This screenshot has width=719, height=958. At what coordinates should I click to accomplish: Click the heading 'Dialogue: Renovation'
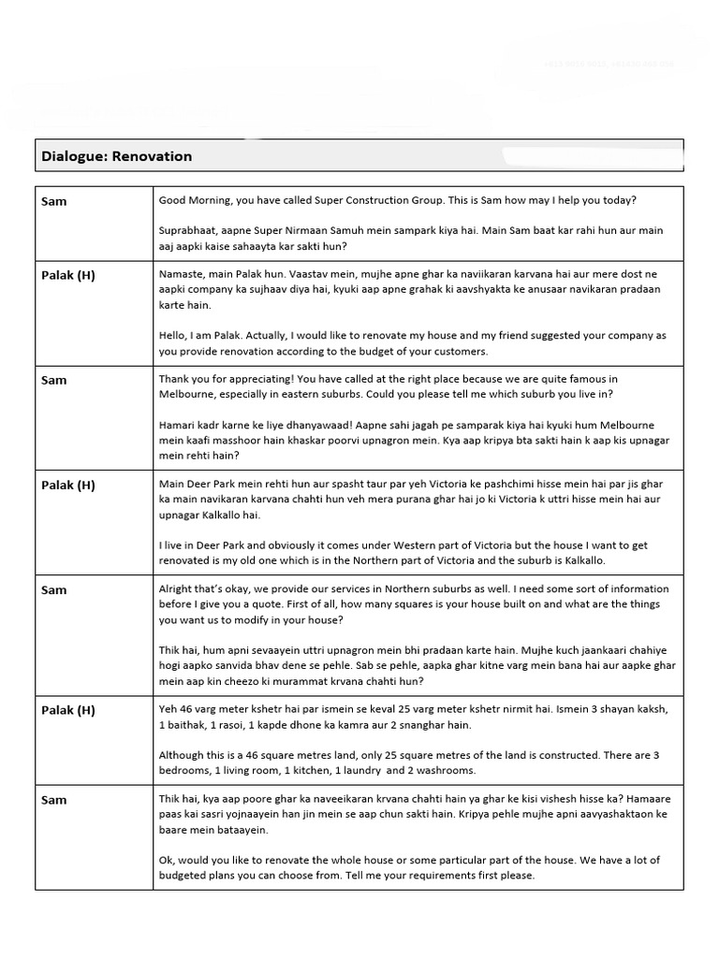click(x=116, y=156)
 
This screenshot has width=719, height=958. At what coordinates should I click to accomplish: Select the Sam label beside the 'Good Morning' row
click(x=54, y=201)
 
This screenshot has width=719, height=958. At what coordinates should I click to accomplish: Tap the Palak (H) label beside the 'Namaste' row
click(x=68, y=275)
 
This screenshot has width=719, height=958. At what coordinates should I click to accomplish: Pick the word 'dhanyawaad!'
click(x=307, y=425)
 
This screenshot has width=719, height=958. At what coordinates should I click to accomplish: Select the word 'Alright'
click(x=180, y=588)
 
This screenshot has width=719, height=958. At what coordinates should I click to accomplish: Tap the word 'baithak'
click(x=193, y=724)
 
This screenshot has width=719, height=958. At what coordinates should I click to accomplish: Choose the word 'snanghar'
click(x=421, y=724)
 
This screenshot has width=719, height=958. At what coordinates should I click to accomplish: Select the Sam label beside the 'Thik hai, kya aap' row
click(x=54, y=800)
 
